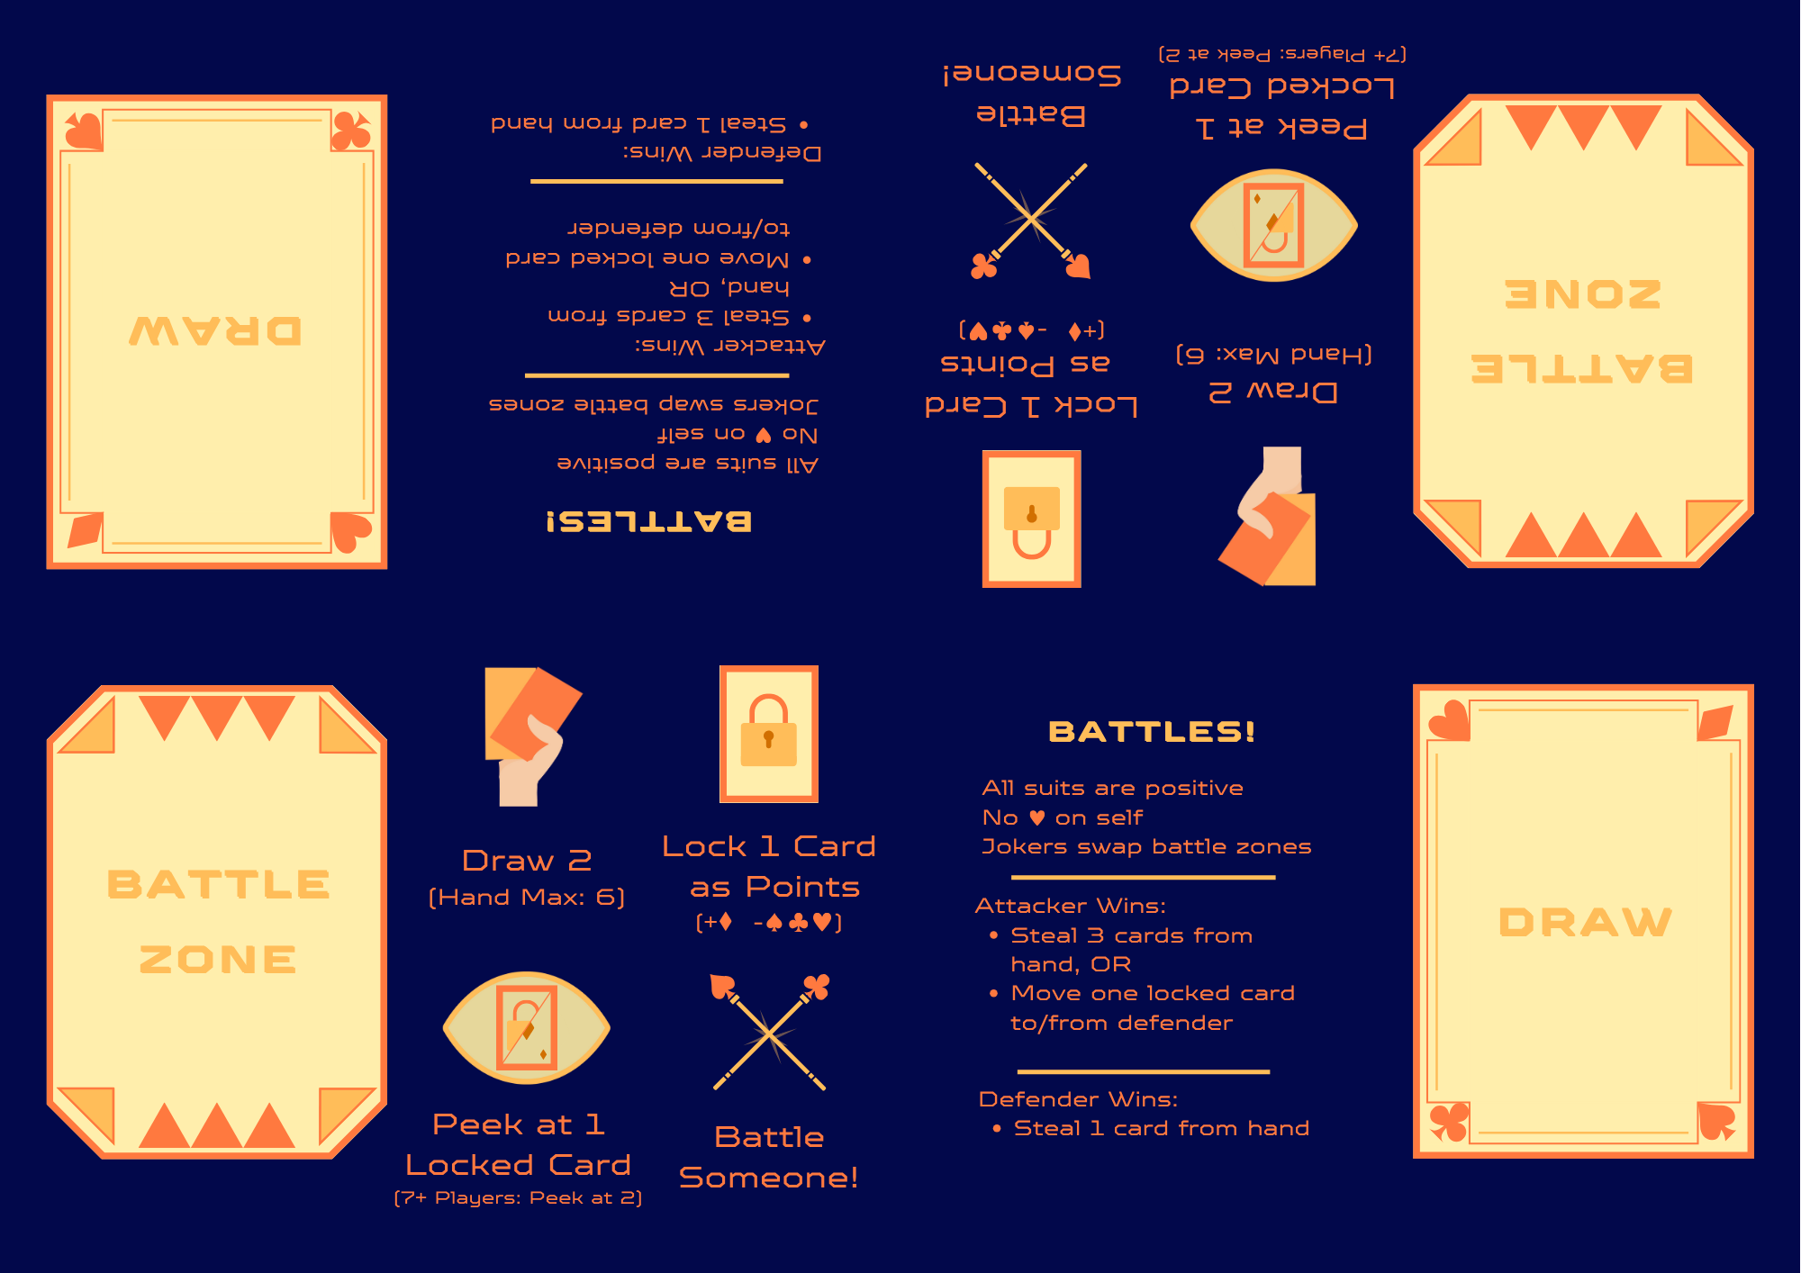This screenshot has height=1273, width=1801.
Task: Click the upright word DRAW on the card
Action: coord(1585,922)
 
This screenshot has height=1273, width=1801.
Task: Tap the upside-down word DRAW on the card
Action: coord(215,330)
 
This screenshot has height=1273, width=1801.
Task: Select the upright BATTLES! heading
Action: coord(1152,731)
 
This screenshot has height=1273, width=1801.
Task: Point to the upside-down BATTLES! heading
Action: coord(648,521)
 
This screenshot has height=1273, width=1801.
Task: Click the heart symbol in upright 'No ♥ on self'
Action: coord(1036,817)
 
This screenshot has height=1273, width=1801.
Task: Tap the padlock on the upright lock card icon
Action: coord(768,731)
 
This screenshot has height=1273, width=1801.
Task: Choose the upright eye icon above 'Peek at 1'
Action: coord(527,1027)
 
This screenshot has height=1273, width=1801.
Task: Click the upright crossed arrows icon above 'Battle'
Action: coord(769,1033)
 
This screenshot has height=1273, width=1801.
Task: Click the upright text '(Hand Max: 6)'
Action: coord(527,897)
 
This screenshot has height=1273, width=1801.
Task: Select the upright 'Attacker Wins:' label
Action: coord(1071,906)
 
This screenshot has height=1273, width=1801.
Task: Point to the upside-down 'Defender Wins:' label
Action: coord(722,152)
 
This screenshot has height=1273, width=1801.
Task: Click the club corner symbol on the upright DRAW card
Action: coord(1449,1122)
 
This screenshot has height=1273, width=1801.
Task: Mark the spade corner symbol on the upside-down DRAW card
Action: coord(84,131)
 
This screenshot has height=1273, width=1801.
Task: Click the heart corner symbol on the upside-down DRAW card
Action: coord(351,531)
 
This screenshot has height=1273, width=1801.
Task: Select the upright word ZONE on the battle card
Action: coord(218,960)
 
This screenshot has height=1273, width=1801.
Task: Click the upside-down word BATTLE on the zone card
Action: coord(1582,368)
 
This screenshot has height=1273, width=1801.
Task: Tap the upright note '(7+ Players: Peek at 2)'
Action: coord(519,1198)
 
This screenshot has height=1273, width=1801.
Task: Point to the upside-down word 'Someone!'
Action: coord(1032,74)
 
